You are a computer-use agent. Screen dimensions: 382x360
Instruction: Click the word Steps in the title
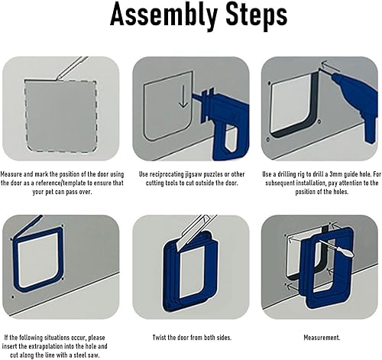257,14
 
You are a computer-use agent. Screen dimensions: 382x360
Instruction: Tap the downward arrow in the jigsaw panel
183,96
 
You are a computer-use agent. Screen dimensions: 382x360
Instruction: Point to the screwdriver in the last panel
337,248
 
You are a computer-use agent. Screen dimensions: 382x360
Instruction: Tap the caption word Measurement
322,338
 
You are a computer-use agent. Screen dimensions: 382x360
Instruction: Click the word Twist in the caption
159,338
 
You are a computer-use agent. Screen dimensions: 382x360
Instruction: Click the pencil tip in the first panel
57,79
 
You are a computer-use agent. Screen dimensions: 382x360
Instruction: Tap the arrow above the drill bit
330,66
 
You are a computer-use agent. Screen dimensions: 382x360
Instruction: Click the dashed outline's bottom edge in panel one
61,151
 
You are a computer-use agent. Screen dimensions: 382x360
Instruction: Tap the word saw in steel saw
93,355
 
